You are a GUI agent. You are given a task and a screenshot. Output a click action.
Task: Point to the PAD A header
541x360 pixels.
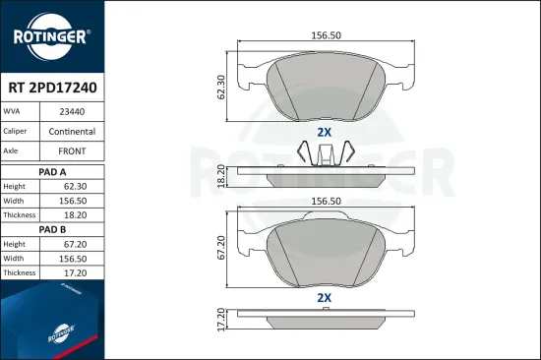click(x=53, y=170)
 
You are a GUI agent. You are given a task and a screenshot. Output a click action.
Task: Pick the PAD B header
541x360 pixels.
click(x=53, y=229)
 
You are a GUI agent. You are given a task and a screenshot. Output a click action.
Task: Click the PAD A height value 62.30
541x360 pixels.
click(x=75, y=186)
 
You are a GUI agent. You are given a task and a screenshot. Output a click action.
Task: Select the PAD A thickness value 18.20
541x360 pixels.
click(x=75, y=214)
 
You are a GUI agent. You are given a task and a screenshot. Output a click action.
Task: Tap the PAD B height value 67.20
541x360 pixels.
click(x=75, y=244)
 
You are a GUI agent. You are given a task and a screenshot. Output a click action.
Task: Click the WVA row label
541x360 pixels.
click(x=19, y=112)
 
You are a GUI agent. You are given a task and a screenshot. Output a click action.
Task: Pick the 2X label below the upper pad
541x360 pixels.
click(x=324, y=132)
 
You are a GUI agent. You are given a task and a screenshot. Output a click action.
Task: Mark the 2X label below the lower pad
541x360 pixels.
click(x=324, y=296)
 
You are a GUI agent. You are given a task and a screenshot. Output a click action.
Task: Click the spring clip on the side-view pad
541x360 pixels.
click(x=325, y=153)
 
